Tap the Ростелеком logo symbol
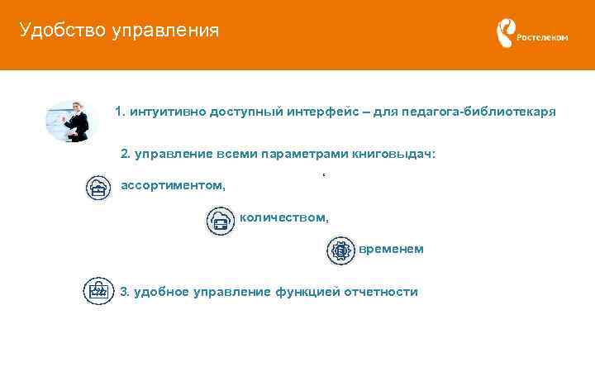coord(504,34)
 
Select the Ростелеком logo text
coord(542,37)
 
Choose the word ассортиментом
coord(173,184)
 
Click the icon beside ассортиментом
coord(99,188)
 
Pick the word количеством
coord(284,217)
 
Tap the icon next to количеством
coord(220,221)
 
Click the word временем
coord(392,249)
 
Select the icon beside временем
coord(340,250)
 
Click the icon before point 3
coord(98,290)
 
